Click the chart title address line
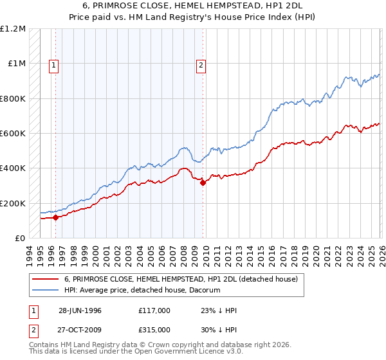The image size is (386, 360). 193,6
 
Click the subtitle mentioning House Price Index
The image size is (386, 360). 193,17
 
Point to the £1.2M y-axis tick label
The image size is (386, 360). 13,29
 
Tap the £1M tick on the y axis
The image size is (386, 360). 16,64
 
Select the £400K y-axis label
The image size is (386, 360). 13,168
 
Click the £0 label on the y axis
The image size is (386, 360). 20,238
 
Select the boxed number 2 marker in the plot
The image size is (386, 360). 201,64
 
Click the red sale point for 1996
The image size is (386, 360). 56,217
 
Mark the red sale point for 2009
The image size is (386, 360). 203,183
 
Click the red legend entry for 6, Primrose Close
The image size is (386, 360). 181,280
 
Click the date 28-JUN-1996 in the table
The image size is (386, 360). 80,310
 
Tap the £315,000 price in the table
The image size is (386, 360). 154,329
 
